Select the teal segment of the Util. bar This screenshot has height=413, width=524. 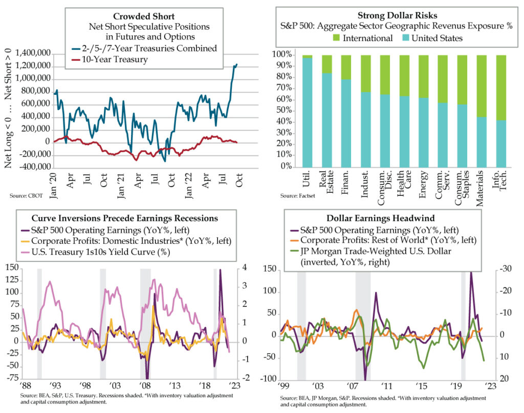click(307, 113)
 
